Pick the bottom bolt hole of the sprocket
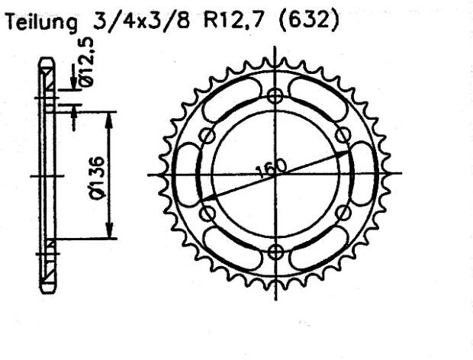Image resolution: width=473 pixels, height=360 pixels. pos(276,252)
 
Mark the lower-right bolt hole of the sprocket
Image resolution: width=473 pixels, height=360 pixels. pos(344,214)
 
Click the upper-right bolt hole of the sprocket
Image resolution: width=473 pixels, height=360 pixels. pos(344,135)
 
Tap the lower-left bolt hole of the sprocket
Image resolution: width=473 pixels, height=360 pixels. pos(207,214)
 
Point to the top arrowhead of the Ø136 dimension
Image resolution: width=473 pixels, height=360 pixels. pos(110,116)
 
